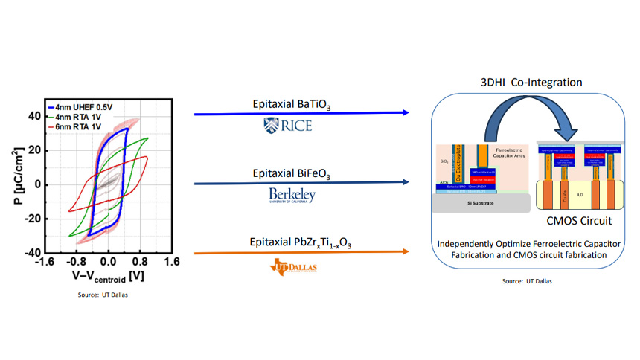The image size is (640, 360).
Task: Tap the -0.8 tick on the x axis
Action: tap(76, 262)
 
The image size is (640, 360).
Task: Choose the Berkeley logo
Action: tap(292, 196)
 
